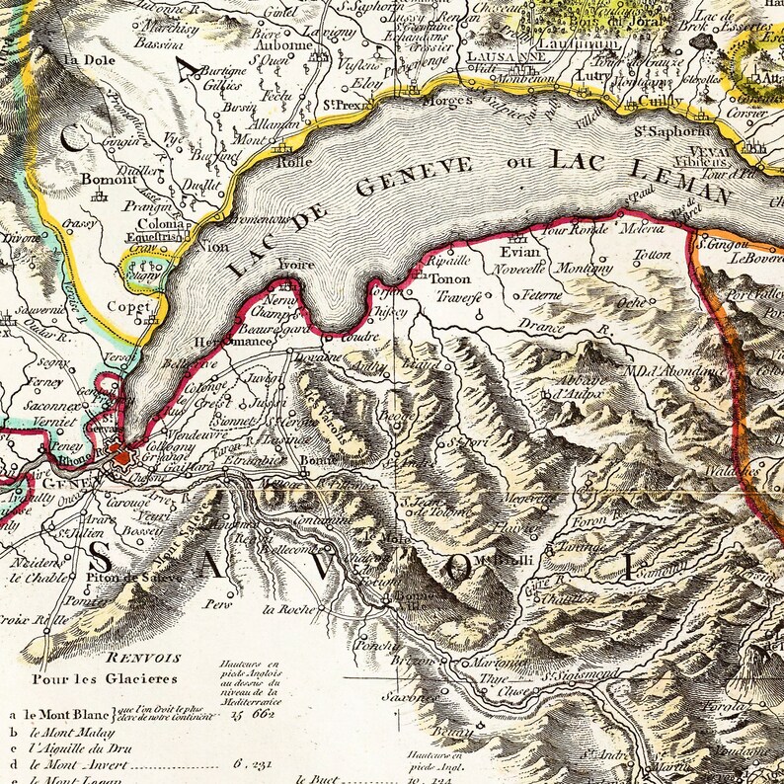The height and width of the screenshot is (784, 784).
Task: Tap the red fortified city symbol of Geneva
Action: pyautogui.click(x=120, y=455)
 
